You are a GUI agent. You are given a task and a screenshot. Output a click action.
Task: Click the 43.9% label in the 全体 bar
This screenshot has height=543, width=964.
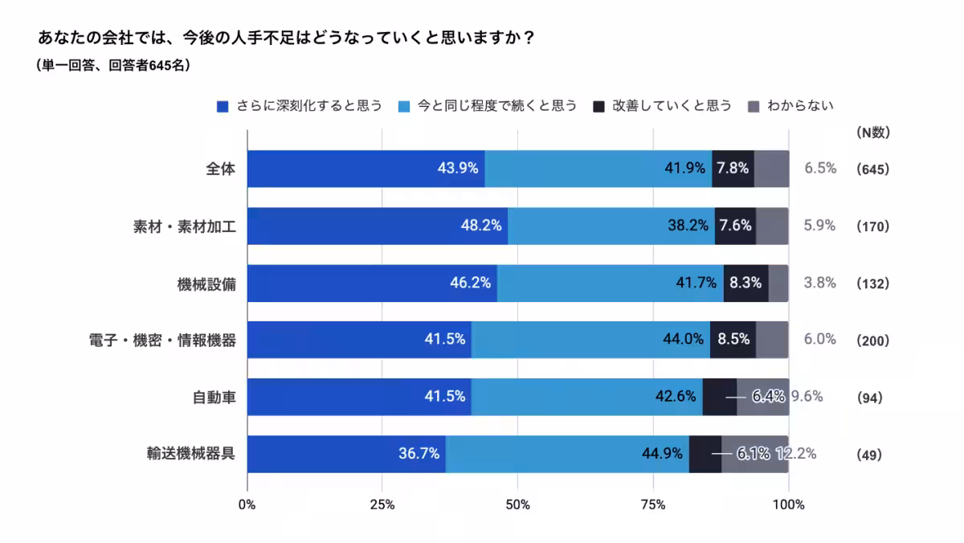(458, 169)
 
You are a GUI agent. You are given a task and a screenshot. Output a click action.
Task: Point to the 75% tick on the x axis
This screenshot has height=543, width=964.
(653, 505)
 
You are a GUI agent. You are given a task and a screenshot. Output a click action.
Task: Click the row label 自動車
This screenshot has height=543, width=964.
(215, 398)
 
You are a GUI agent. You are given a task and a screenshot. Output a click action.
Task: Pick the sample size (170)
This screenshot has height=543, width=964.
(872, 227)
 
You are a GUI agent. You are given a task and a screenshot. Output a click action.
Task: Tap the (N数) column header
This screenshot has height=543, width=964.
(872, 133)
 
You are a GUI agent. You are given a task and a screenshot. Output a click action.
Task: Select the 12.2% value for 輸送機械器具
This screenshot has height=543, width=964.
(797, 454)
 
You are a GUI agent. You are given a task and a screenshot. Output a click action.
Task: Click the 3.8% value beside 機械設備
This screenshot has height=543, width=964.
(820, 283)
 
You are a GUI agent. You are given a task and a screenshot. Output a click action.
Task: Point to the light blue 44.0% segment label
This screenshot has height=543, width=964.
(683, 339)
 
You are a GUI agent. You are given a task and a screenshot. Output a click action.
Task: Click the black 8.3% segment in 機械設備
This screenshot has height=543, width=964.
(745, 284)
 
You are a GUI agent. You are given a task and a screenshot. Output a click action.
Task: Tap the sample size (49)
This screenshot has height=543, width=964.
(869, 455)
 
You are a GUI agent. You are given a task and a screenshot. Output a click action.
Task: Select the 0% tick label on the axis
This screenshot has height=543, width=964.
(247, 505)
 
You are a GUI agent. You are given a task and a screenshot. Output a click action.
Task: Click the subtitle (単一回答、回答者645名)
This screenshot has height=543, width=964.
(113, 66)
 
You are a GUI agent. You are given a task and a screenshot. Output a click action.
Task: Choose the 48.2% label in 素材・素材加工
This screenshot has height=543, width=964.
(480, 226)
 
